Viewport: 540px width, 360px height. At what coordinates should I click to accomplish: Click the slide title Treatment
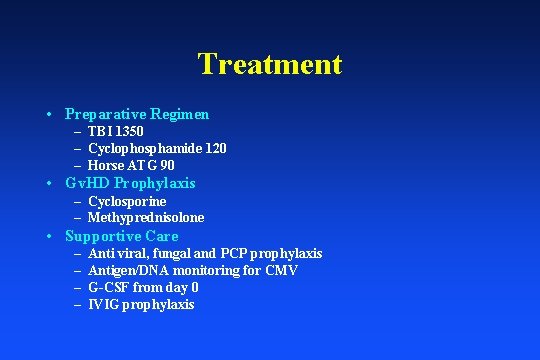click(x=270, y=64)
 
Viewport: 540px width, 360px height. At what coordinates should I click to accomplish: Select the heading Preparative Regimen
click(x=136, y=114)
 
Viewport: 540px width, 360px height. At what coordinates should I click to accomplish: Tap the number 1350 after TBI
click(x=128, y=131)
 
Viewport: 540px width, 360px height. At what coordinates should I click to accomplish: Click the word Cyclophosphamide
click(x=139, y=148)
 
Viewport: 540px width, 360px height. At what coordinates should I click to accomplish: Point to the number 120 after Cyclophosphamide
click(x=214, y=148)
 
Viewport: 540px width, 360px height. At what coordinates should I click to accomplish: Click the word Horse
click(x=106, y=165)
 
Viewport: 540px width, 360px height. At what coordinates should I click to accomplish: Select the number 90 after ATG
click(x=167, y=165)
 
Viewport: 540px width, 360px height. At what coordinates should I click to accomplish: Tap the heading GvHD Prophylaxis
click(x=130, y=183)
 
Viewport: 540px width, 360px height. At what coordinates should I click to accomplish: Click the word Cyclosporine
click(x=127, y=201)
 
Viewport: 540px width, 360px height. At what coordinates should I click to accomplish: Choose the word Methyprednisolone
click(x=146, y=218)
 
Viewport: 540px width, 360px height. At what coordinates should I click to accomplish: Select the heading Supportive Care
click(x=121, y=236)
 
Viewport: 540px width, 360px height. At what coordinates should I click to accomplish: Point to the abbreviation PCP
click(x=252, y=254)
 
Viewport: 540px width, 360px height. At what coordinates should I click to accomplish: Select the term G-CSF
click(x=108, y=288)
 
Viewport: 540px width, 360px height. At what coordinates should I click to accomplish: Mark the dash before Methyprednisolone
click(x=77, y=218)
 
